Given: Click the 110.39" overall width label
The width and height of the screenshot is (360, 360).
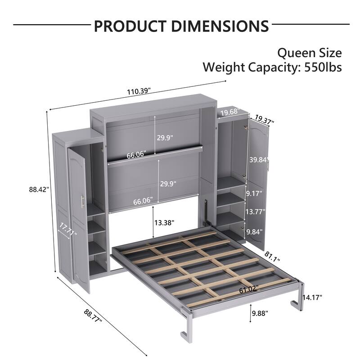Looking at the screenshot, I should coord(138,91).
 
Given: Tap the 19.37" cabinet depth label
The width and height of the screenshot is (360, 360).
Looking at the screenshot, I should coord(265,119).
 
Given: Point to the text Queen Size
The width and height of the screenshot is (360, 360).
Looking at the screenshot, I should coord(309,53).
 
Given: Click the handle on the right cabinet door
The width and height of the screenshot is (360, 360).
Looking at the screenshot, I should coord(268,166).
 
